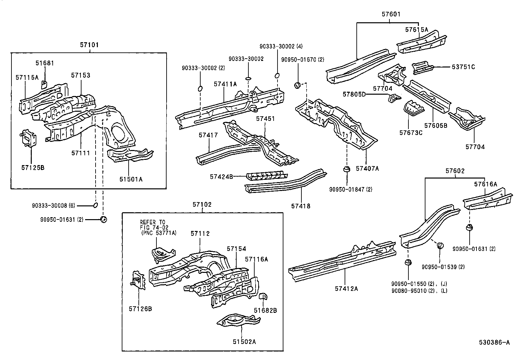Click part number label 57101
[x=89, y=45]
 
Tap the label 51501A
[x=131, y=179]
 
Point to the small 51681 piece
[x=44, y=85]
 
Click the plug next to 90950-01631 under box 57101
[x=104, y=219]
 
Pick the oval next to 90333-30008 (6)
[x=95, y=205]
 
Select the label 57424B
[x=222, y=177]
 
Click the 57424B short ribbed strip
[x=267, y=175]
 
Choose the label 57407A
[x=367, y=168]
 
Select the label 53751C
[x=463, y=67]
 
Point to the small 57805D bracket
[x=394, y=98]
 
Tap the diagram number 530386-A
[x=495, y=343]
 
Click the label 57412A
[x=346, y=289]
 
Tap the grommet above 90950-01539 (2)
[x=440, y=246]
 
